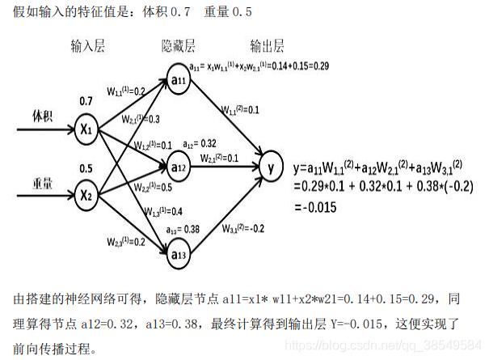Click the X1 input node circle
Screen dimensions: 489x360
pyautogui.click(x=86, y=128)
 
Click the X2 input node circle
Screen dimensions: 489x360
pyautogui.click(x=86, y=194)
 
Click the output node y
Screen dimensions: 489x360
pyautogui.click(x=271, y=168)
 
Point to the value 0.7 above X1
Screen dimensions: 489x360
pyautogui.click(x=86, y=102)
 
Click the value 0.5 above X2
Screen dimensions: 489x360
pyautogui.click(x=86, y=168)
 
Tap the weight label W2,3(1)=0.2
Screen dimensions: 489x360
pyautogui.click(x=125, y=241)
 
